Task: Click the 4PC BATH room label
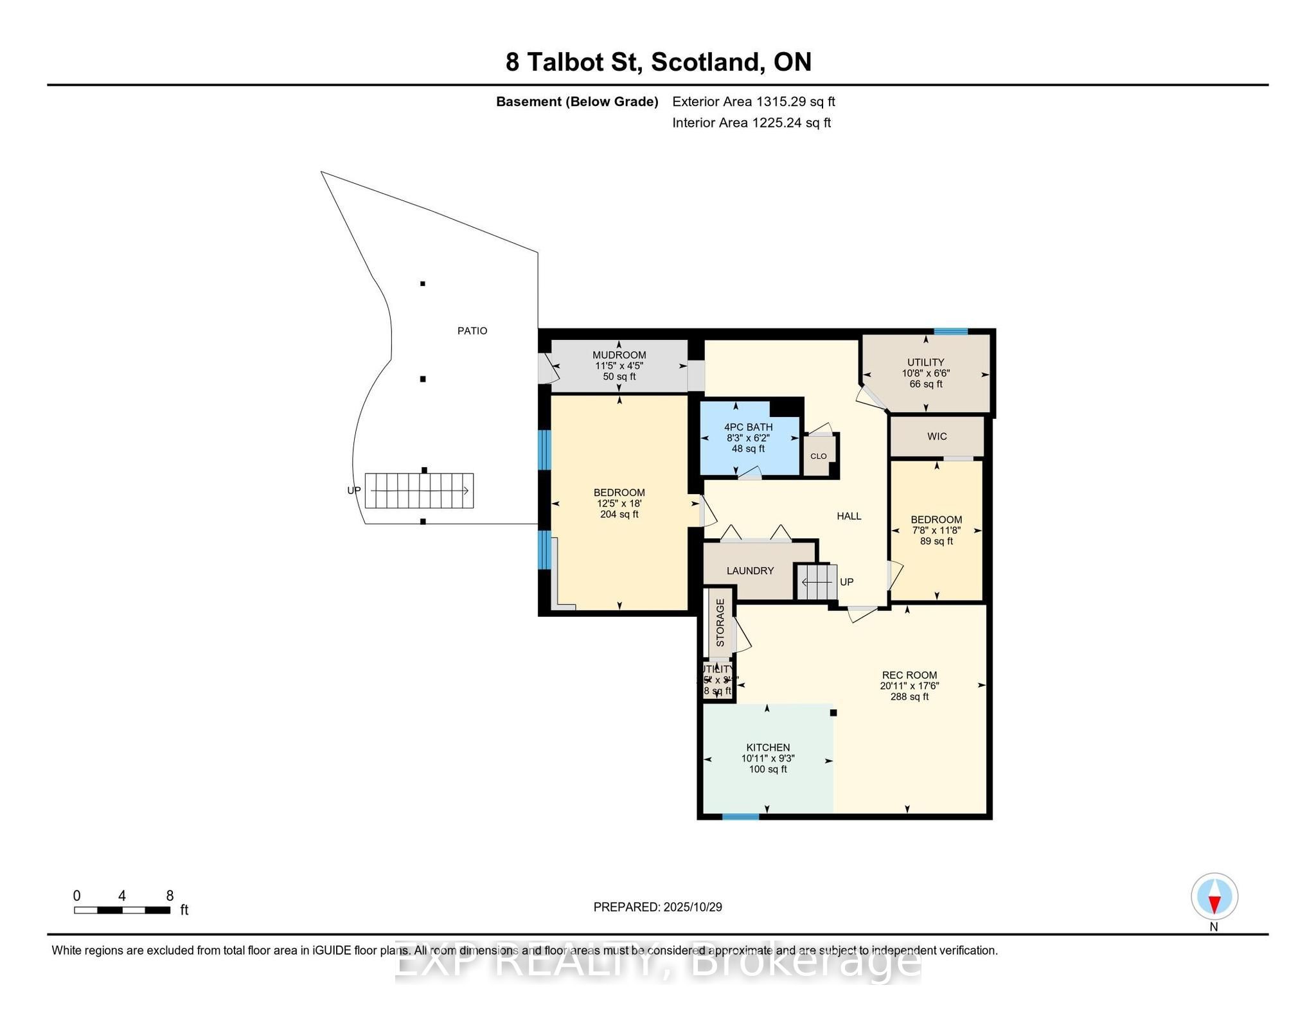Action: coord(748,427)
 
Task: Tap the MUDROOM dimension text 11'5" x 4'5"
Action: coord(619,366)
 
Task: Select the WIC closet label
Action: coord(937,436)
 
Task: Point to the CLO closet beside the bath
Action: coord(818,455)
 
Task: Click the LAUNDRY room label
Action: coord(750,570)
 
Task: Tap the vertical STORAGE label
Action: coord(720,623)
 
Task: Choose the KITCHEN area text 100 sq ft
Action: coord(767,769)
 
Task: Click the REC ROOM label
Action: coord(909,675)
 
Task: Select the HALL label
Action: coord(849,516)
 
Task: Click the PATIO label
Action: coord(472,331)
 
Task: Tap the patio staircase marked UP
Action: coord(419,491)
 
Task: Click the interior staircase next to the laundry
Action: coord(817,582)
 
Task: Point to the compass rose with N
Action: coord(1214,897)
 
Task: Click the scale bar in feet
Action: coord(122,910)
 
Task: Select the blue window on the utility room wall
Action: coord(950,332)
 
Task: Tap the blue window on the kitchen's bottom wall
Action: coord(740,817)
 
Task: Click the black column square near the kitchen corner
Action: coord(833,712)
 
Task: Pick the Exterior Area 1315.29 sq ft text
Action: coord(753,102)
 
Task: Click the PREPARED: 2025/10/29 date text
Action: coord(657,907)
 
